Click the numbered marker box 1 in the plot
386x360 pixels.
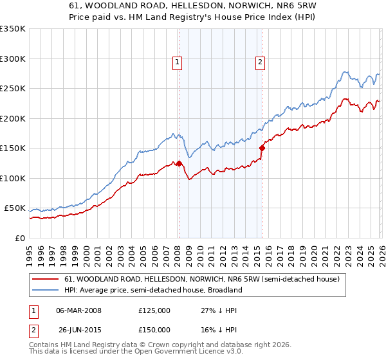tap(177, 62)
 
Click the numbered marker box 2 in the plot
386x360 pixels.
tap(260, 62)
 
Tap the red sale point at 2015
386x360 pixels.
tap(262, 148)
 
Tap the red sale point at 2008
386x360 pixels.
tap(179, 163)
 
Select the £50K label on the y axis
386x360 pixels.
tap(15, 208)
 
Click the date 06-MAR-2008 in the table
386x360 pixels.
tap(78, 310)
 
